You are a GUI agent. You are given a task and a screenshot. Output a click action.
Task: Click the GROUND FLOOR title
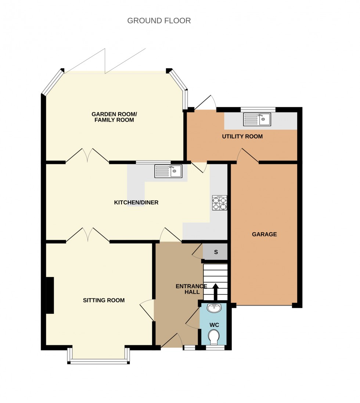[x=159, y=21]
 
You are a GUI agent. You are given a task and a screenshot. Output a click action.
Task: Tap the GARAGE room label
[x=264, y=234]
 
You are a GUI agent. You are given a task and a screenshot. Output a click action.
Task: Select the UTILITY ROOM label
[x=242, y=137]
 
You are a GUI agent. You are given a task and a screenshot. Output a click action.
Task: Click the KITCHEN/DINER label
[x=136, y=202]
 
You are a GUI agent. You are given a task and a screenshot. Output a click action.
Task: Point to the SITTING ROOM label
[x=104, y=300]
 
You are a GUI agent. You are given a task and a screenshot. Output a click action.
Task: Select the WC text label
[x=214, y=325]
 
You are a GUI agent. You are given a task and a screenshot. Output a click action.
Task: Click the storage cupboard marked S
[x=216, y=252]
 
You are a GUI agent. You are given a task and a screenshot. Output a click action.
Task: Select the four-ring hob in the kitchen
[x=219, y=203]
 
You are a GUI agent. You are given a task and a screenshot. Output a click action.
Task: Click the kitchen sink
[x=168, y=171]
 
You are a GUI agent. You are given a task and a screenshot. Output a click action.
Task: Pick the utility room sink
[x=257, y=119]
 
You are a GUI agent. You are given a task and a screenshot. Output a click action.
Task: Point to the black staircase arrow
[x=216, y=292]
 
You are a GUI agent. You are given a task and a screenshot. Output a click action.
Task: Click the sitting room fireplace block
[x=50, y=295]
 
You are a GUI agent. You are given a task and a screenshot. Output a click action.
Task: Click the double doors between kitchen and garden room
[x=87, y=156]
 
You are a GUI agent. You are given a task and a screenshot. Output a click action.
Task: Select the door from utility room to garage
[x=248, y=156]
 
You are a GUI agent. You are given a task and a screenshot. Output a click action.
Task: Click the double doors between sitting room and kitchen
[x=87, y=235]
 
